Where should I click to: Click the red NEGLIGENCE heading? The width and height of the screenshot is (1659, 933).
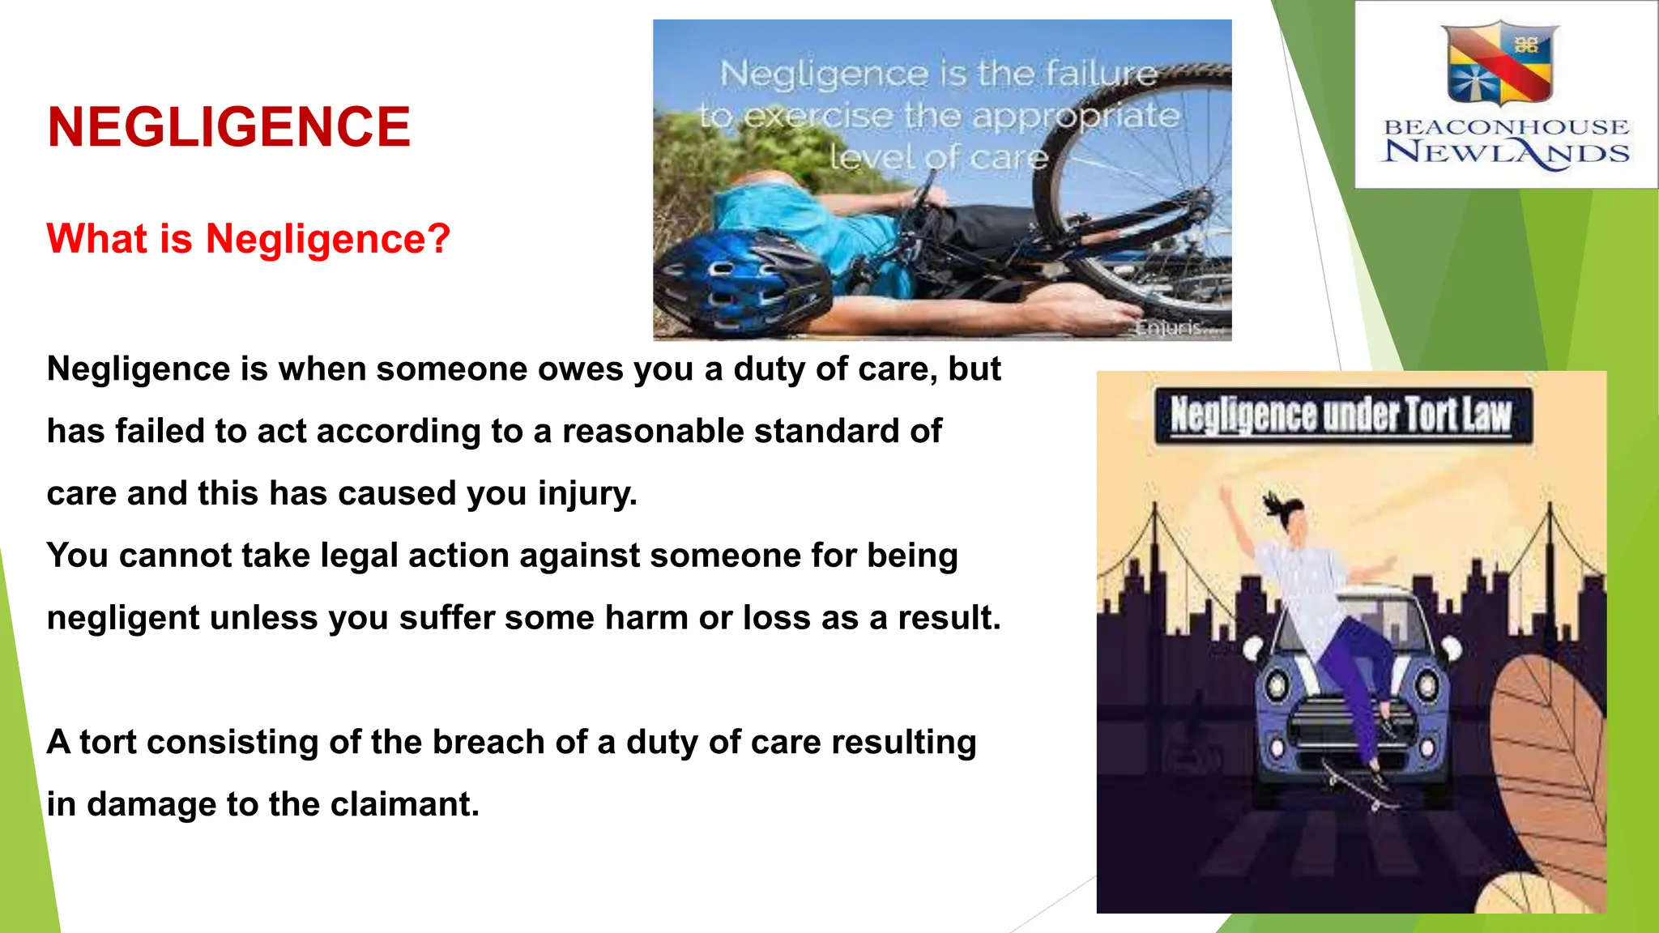pos(228,127)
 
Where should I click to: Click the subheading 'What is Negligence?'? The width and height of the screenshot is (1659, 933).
pos(248,239)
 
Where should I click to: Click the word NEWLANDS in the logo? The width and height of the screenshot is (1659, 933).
pos(1506,152)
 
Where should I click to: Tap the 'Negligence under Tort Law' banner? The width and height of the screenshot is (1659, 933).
pos(1341,415)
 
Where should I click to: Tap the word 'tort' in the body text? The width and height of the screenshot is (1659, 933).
pos(108,742)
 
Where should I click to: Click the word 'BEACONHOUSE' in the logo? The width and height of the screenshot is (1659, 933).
pos(1506,127)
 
